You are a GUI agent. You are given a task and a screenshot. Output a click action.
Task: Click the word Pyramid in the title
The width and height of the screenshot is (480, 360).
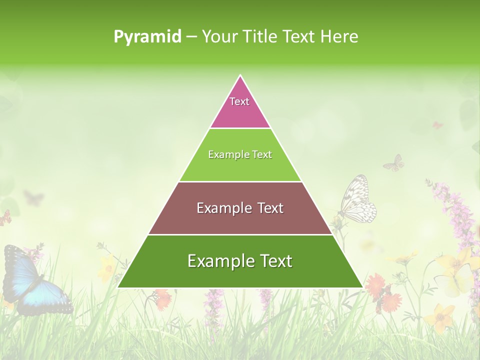(147, 36)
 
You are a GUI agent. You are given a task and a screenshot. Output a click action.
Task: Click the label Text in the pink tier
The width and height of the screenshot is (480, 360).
(239, 101)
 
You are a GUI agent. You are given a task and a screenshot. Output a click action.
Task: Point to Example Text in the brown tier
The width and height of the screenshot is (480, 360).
(240, 208)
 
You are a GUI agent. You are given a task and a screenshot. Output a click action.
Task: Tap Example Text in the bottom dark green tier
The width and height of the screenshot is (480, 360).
(240, 261)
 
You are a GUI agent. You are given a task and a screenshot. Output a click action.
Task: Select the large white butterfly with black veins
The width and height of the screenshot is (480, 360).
(358, 200)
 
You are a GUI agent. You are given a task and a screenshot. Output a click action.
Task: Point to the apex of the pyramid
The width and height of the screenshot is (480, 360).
(240, 76)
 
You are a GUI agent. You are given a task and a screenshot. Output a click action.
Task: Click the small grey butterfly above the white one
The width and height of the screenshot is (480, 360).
(394, 162)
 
